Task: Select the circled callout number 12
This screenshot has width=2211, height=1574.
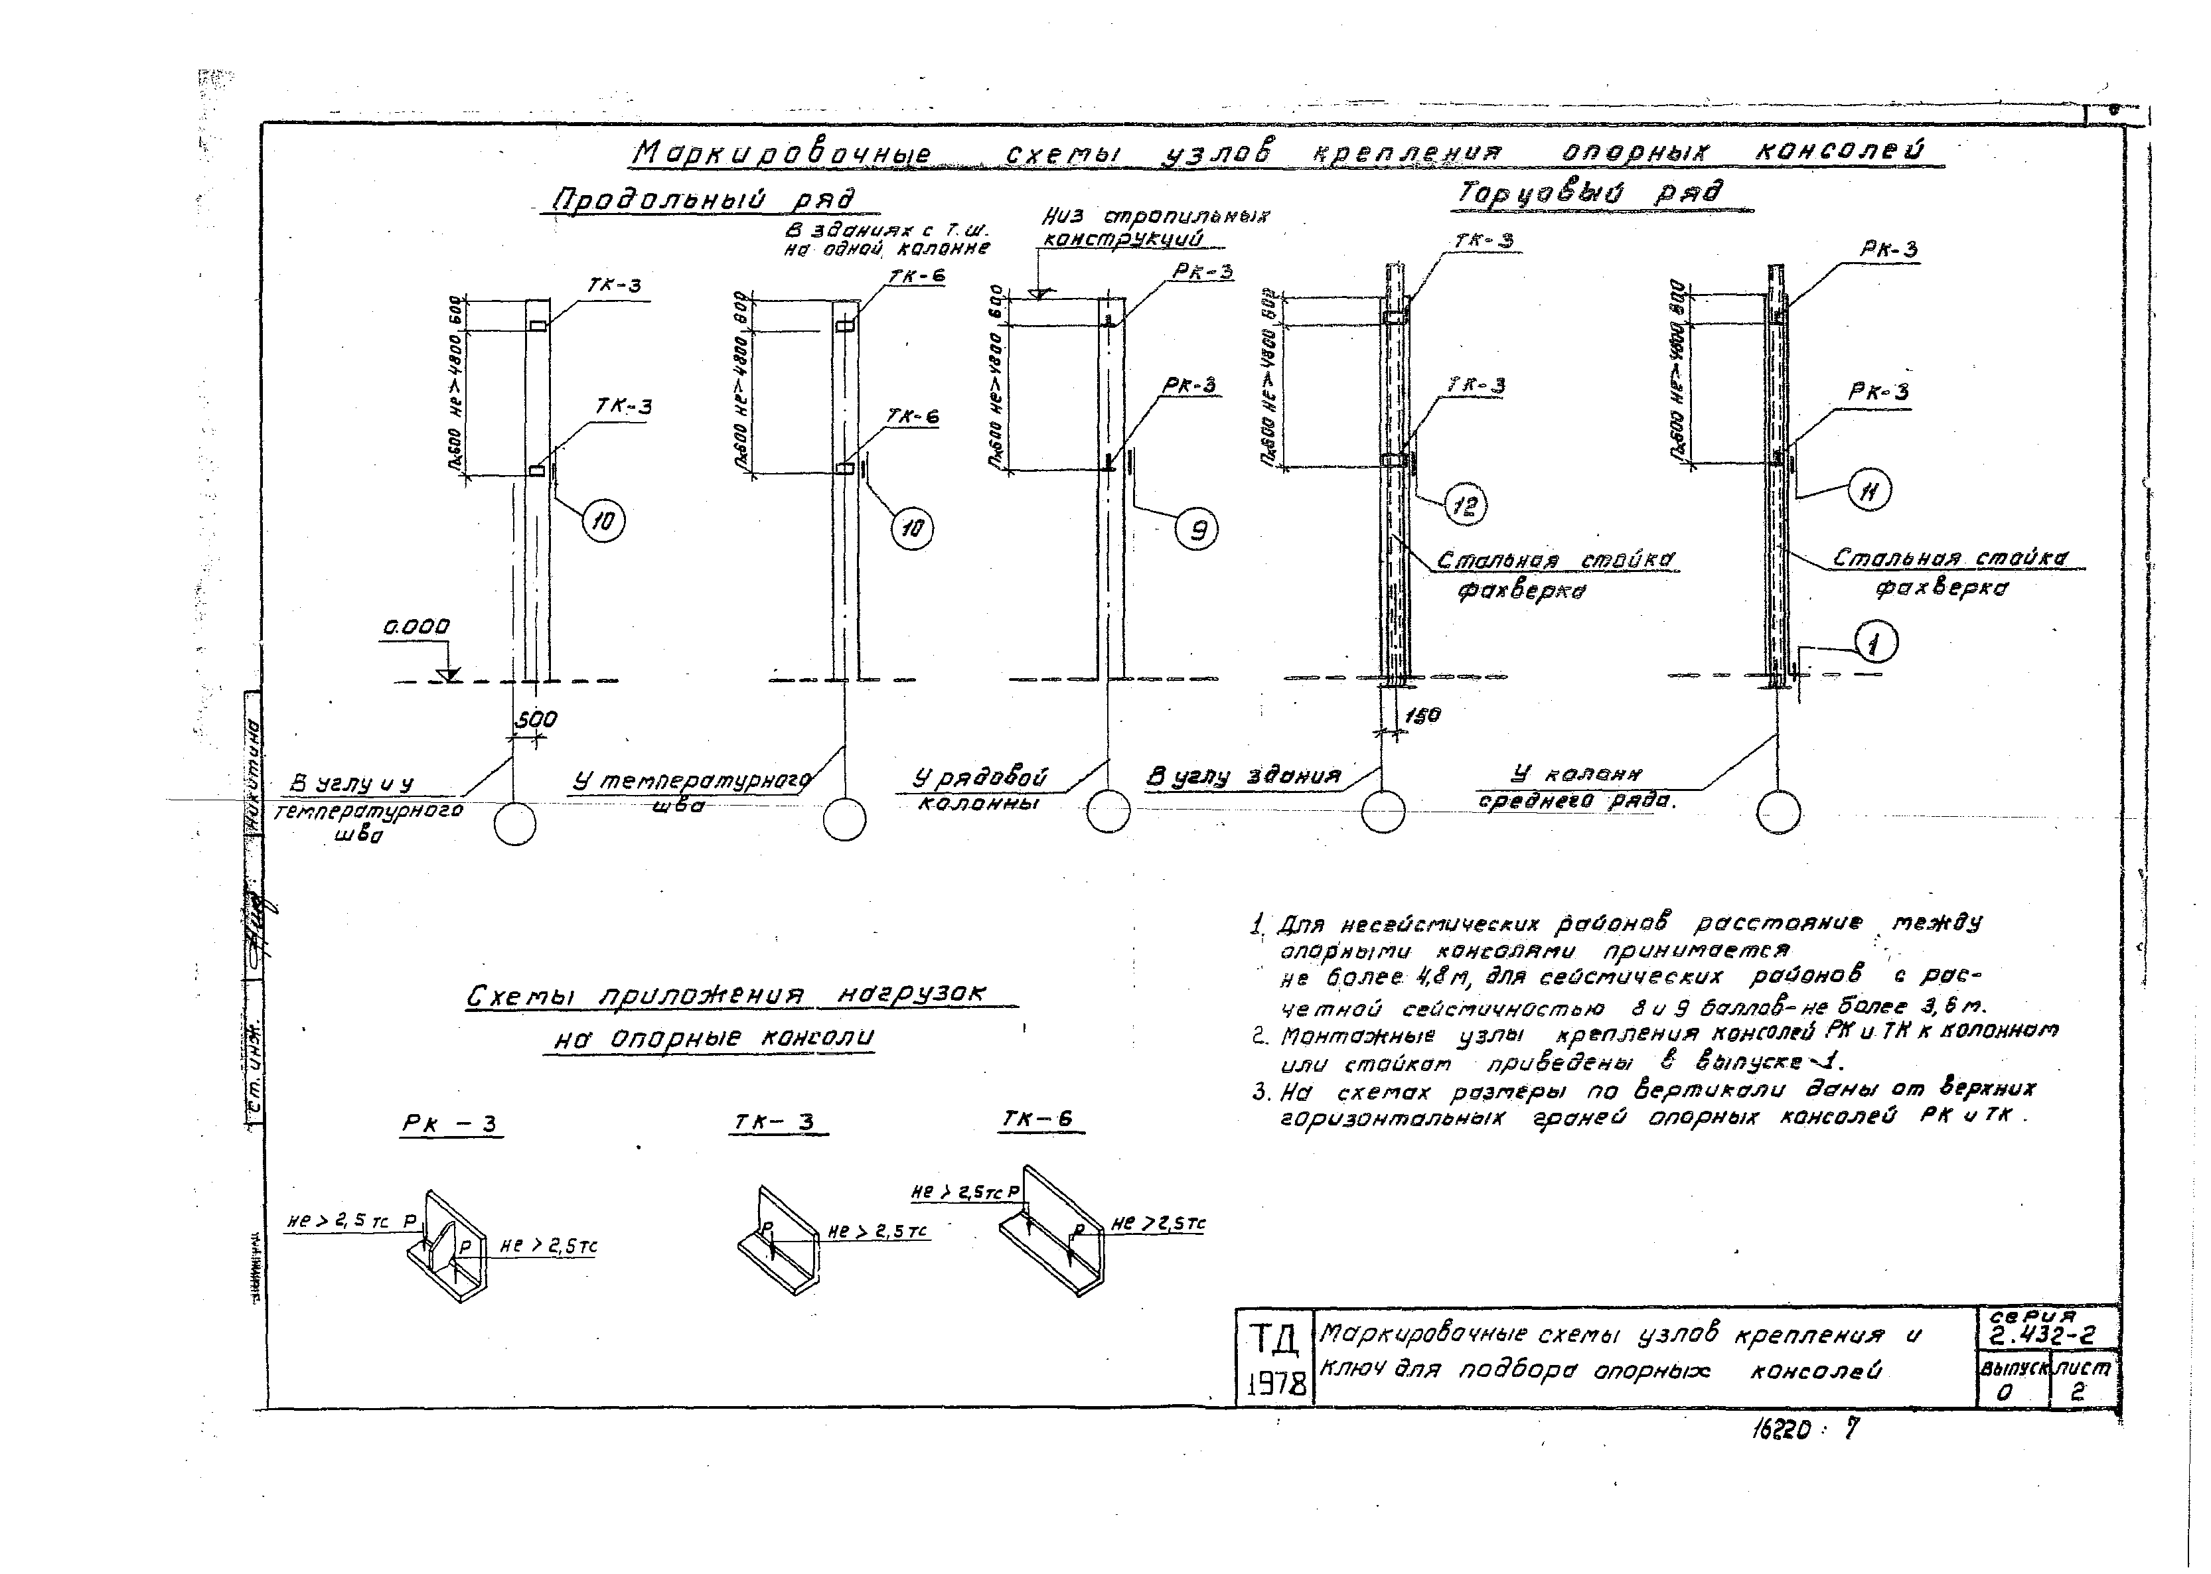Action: pos(1466,505)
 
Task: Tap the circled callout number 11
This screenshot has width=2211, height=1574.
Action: pos(1869,490)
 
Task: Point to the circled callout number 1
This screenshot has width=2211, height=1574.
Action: pos(1876,642)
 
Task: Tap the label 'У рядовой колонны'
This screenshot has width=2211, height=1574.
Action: pos(981,790)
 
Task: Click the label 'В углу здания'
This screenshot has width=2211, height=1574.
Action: pos(1244,776)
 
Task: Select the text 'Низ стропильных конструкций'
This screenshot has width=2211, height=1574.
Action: pos(1154,227)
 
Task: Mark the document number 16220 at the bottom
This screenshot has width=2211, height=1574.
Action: pos(1780,1429)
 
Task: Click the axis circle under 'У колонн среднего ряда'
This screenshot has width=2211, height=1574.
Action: pos(1778,812)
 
